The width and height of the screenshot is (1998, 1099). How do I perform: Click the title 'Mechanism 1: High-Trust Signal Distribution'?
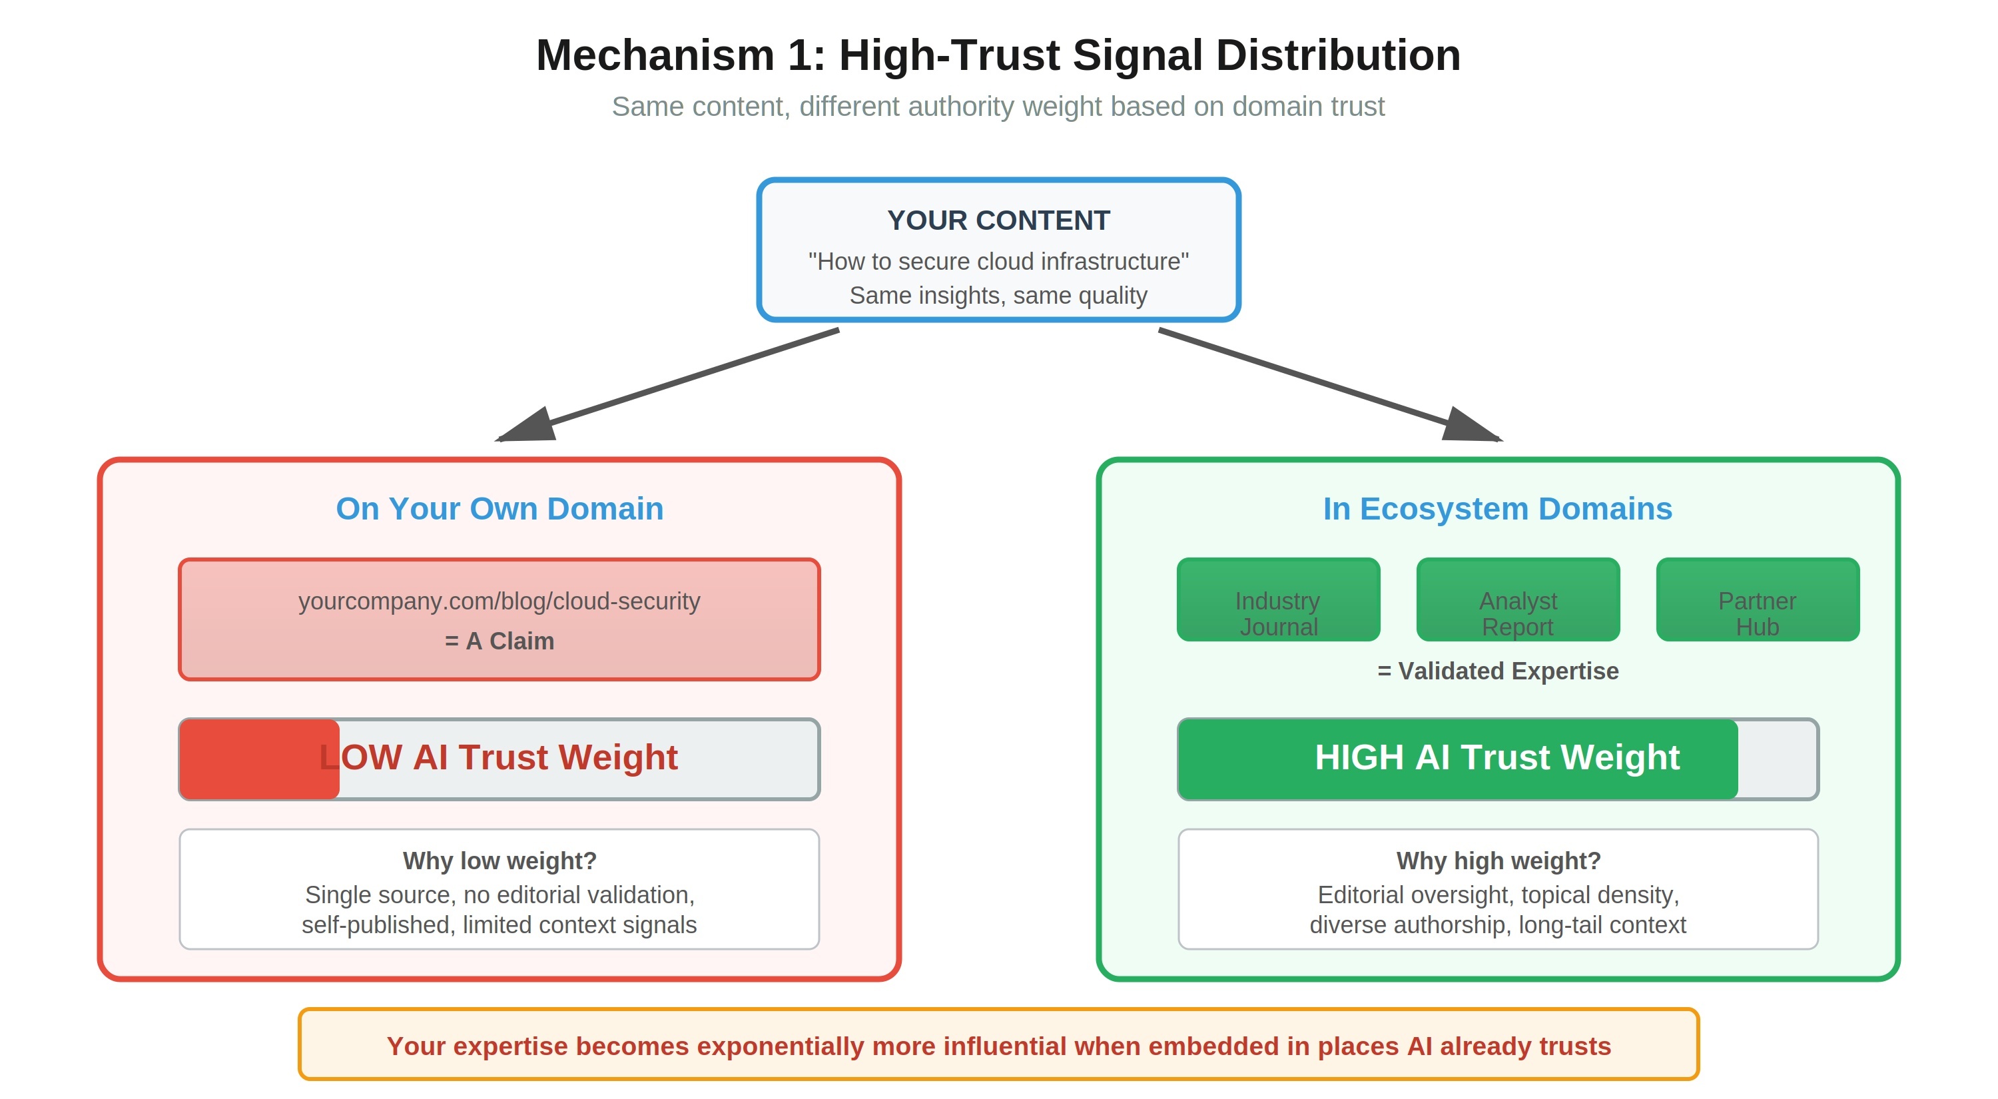pyautogui.click(x=998, y=56)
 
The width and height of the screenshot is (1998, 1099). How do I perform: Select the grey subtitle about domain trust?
pyautogui.click(x=998, y=107)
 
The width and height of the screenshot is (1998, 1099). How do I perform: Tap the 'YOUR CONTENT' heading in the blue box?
pyautogui.click(x=998, y=220)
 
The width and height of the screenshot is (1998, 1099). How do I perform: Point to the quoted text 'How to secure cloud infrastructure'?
pyautogui.click(x=998, y=261)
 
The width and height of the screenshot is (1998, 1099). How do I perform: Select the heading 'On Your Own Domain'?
pyautogui.click(x=499, y=509)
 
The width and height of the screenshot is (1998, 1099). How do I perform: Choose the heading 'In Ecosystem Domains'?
pyautogui.click(x=1497, y=509)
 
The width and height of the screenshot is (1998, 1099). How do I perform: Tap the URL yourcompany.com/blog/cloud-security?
pyautogui.click(x=499, y=601)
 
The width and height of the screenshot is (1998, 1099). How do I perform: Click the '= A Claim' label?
pyautogui.click(x=499, y=641)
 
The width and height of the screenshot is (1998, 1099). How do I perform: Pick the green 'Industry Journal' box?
pyautogui.click(x=1277, y=599)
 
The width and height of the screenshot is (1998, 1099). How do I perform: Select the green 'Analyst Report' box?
pyautogui.click(x=1517, y=599)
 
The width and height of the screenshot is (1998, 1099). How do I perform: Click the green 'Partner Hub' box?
pyautogui.click(x=1757, y=599)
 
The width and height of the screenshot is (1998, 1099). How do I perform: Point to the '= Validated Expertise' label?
pyautogui.click(x=1497, y=671)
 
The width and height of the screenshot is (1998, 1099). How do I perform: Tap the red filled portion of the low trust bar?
pyautogui.click(x=248, y=759)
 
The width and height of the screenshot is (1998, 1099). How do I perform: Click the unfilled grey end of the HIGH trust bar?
pyautogui.click(x=1776, y=759)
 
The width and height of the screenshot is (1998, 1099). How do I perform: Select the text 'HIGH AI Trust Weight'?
pyautogui.click(x=1497, y=757)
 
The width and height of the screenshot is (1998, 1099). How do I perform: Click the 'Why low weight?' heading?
pyautogui.click(x=499, y=861)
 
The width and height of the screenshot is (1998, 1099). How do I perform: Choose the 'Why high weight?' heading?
pyautogui.click(x=1498, y=861)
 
